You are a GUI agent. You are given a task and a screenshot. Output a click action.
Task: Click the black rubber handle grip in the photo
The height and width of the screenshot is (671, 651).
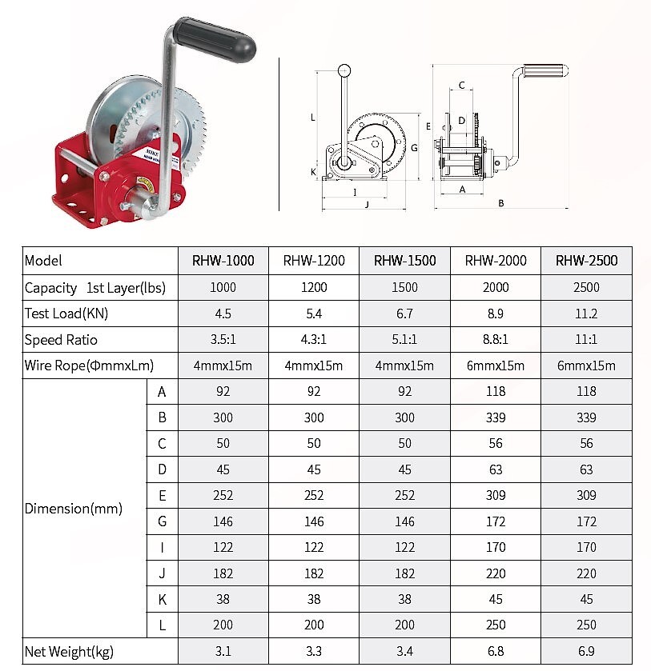[215, 39]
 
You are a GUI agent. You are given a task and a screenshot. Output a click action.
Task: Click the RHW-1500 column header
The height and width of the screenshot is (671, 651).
[404, 261]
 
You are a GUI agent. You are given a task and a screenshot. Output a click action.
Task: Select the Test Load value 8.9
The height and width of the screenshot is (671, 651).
[496, 314]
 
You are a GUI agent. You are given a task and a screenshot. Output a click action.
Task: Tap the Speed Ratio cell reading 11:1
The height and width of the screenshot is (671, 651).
[586, 339]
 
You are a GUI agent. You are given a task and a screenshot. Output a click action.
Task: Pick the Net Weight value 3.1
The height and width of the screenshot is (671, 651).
[223, 651]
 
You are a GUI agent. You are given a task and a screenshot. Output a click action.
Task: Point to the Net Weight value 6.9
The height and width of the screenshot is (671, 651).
[586, 651]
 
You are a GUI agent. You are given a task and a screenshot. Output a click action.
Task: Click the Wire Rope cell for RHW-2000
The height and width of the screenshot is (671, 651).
[496, 365]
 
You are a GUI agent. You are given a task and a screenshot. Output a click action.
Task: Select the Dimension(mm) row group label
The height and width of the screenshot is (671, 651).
[74, 509]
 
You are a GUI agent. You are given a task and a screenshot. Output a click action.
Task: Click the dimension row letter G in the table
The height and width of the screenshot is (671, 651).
[162, 521]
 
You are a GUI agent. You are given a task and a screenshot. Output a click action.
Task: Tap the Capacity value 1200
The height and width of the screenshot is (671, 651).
[314, 287]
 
